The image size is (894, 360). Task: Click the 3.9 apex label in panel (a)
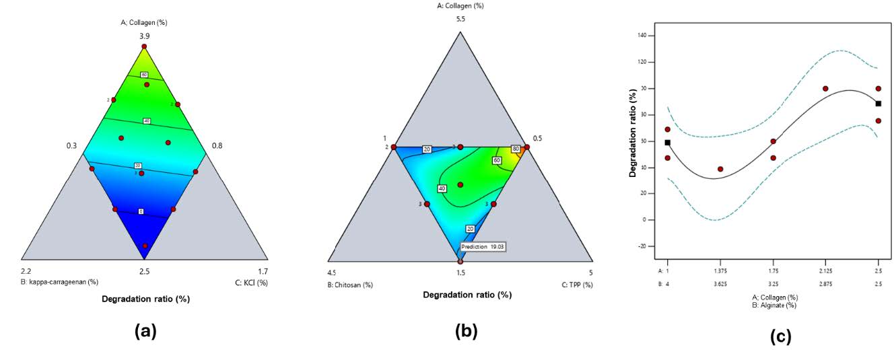point(144,36)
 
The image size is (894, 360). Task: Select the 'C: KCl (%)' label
point(251,283)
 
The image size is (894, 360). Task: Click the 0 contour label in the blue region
point(141,211)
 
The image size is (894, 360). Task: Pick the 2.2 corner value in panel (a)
point(26,271)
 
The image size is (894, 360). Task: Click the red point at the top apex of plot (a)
point(144,46)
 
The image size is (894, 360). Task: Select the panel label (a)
point(145,330)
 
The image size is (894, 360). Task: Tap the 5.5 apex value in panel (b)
point(460,19)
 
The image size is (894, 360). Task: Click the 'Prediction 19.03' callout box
point(483,247)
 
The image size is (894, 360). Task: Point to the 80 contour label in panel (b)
point(516,149)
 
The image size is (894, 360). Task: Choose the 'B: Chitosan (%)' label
point(350,285)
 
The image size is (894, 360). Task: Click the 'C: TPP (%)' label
point(577,285)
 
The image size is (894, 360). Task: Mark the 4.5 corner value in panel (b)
point(331,273)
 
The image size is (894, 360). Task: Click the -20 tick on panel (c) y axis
point(640,246)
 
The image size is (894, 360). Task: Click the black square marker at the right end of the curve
point(878,104)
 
